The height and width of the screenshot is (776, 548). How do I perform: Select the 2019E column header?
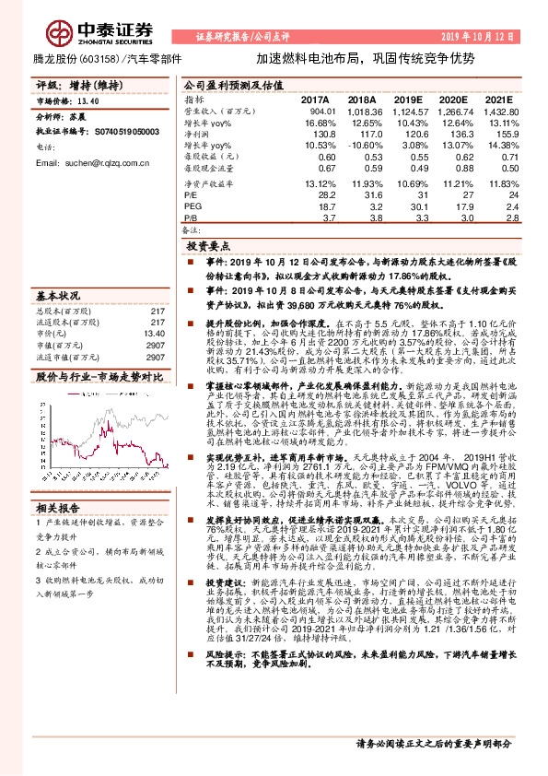tap(409, 98)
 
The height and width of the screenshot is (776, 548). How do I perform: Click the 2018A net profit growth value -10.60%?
tap(359, 146)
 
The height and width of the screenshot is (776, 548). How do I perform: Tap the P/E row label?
tap(191, 194)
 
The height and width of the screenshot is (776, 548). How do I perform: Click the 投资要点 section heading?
tap(207, 247)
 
